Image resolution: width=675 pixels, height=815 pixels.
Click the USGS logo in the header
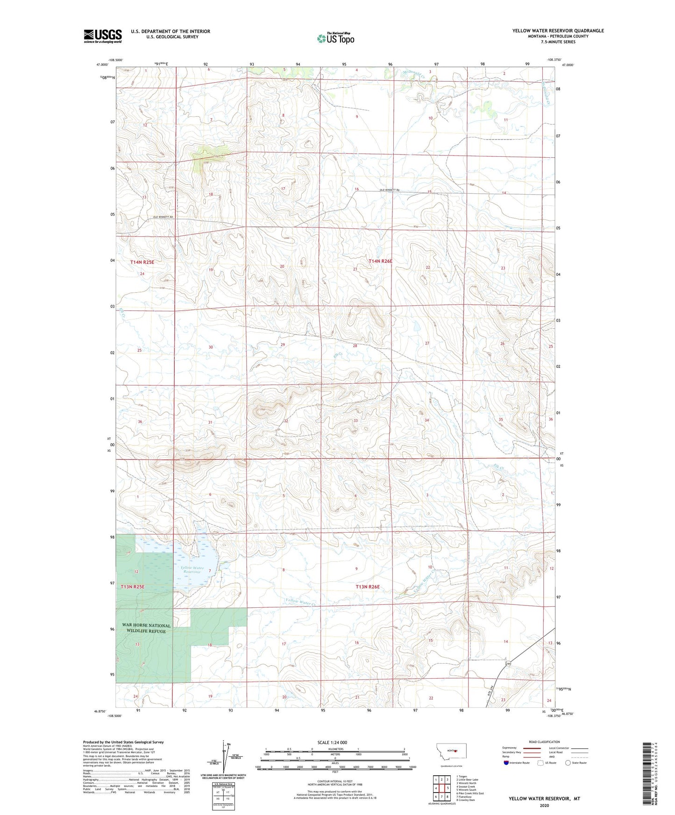click(103, 36)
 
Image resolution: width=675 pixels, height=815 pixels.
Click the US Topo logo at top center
click(335, 38)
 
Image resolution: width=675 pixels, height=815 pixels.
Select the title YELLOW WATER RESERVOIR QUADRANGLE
click(558, 31)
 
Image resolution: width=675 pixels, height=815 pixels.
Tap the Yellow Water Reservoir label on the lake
click(192, 569)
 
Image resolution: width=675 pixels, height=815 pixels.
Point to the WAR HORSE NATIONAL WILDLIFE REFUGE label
click(146, 628)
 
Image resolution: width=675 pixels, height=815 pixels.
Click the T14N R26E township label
click(380, 261)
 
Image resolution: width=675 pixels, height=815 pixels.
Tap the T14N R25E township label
click(142, 262)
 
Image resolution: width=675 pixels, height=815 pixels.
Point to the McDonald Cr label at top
click(413, 73)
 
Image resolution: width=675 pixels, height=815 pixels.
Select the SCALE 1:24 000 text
click(332, 742)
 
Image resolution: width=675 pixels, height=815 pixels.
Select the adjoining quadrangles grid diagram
click(441, 787)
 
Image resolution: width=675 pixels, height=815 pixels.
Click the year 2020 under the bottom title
click(544, 805)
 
